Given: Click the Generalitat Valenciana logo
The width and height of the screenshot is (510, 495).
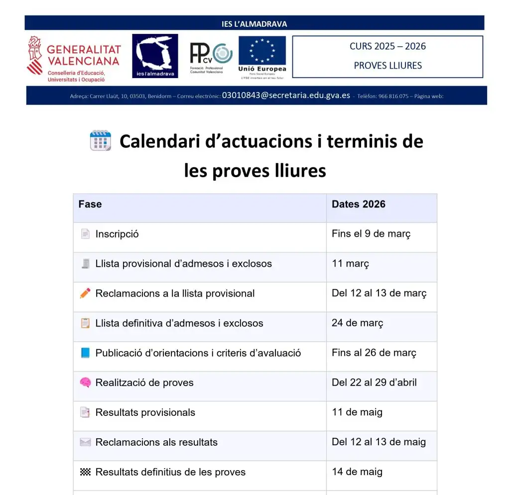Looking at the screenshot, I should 74,59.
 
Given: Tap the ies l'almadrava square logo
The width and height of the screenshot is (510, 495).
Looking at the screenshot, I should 155,56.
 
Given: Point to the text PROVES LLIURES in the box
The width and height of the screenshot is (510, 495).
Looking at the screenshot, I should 387,65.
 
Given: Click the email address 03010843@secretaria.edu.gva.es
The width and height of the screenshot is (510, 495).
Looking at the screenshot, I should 286,96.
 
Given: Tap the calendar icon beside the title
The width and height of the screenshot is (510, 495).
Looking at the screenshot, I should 100,141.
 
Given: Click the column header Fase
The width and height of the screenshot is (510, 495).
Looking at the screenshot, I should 90,204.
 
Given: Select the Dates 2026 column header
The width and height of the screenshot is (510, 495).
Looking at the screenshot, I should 358,204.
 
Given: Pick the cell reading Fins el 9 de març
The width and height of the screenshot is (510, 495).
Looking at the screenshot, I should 371,234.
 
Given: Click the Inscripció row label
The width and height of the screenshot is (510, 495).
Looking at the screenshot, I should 117,234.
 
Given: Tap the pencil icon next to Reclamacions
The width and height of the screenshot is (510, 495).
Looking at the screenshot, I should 85,293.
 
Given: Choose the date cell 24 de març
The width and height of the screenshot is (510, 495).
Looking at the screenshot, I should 357,323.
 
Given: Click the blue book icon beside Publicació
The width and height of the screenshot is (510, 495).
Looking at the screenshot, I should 85,353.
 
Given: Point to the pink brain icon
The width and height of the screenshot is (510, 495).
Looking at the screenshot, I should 85,383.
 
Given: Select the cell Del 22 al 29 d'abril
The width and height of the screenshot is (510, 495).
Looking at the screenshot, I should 374,383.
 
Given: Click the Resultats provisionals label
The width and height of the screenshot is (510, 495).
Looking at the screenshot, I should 145,412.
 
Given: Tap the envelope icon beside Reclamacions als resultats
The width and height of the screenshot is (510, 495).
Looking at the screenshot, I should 85,442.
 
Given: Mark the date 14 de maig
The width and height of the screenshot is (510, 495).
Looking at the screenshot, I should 357,472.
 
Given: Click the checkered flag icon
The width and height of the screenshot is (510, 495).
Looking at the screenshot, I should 85,472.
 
